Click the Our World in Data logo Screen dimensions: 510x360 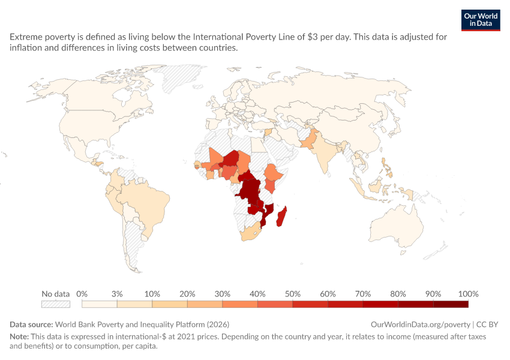[481, 20]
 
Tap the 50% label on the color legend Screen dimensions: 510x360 [292, 294]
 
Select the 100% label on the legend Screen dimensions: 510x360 [468, 294]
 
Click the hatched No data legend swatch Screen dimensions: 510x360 [56, 304]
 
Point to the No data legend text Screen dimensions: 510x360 [56, 294]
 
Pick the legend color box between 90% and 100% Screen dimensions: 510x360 [451, 304]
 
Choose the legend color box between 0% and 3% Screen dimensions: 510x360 [99, 304]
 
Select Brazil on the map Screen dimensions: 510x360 [146, 202]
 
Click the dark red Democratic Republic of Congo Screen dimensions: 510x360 [250, 191]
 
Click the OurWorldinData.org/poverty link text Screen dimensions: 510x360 [420, 325]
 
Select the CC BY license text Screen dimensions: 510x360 [487, 325]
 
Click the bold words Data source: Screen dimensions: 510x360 [31, 325]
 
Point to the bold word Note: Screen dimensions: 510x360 [19, 337]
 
